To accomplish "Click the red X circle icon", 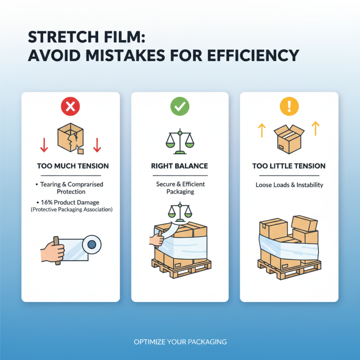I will tap(70, 107).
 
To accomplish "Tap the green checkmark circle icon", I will tap(180, 107).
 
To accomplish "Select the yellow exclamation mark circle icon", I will tap(289, 107).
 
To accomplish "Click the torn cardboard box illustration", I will tap(70, 138).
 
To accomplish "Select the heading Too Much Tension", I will tap(72, 166).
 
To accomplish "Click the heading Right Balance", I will tap(180, 166).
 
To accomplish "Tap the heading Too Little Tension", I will tap(289, 166).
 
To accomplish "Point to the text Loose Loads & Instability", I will tap(289, 184).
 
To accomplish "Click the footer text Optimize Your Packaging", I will tap(180, 342).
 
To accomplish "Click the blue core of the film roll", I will tap(92, 244).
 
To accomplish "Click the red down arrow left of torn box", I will tap(44, 144).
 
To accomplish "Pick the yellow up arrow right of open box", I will tap(315, 129).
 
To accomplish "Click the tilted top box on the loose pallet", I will tap(304, 222).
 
